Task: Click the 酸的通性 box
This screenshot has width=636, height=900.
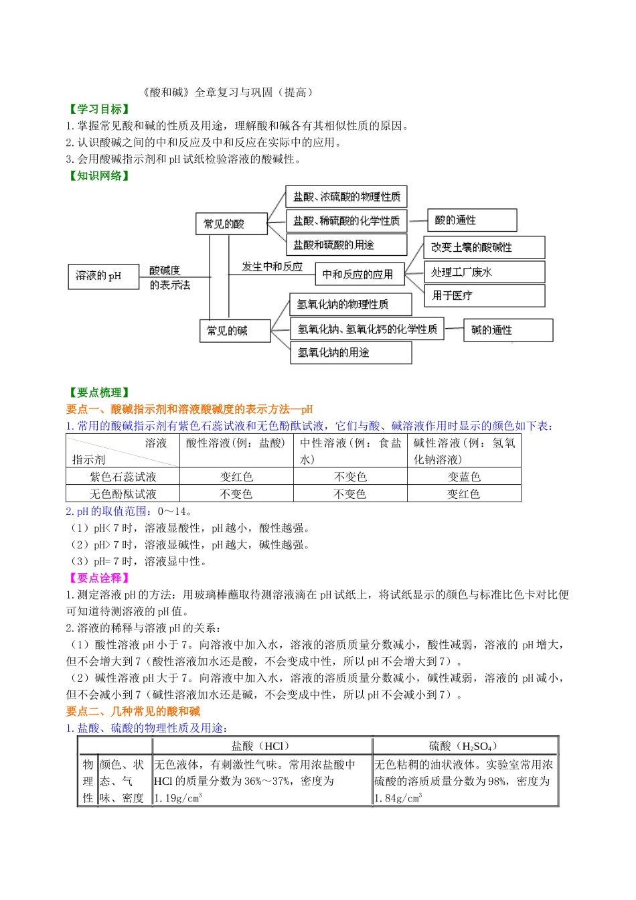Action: [x=472, y=220]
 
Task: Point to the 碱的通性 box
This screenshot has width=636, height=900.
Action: [x=508, y=330]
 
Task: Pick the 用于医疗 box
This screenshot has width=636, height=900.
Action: [x=484, y=295]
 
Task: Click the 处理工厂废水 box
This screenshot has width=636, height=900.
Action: [x=484, y=272]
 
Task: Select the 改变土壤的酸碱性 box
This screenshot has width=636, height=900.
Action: [x=484, y=247]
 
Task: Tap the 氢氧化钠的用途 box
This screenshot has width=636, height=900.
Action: [x=350, y=353]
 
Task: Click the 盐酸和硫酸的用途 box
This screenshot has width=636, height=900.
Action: [x=346, y=244]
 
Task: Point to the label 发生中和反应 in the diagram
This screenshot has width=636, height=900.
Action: [x=272, y=267]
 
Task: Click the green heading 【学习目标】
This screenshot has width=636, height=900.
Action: [x=98, y=109]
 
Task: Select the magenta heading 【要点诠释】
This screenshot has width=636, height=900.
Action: [x=98, y=578]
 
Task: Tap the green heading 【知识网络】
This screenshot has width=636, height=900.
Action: [x=98, y=176]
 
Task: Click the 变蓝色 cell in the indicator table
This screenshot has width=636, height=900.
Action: [x=464, y=477]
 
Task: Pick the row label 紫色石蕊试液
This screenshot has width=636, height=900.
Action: [x=123, y=477]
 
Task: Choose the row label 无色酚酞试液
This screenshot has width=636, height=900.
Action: [x=123, y=494]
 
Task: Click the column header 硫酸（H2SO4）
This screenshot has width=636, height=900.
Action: [x=463, y=746]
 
